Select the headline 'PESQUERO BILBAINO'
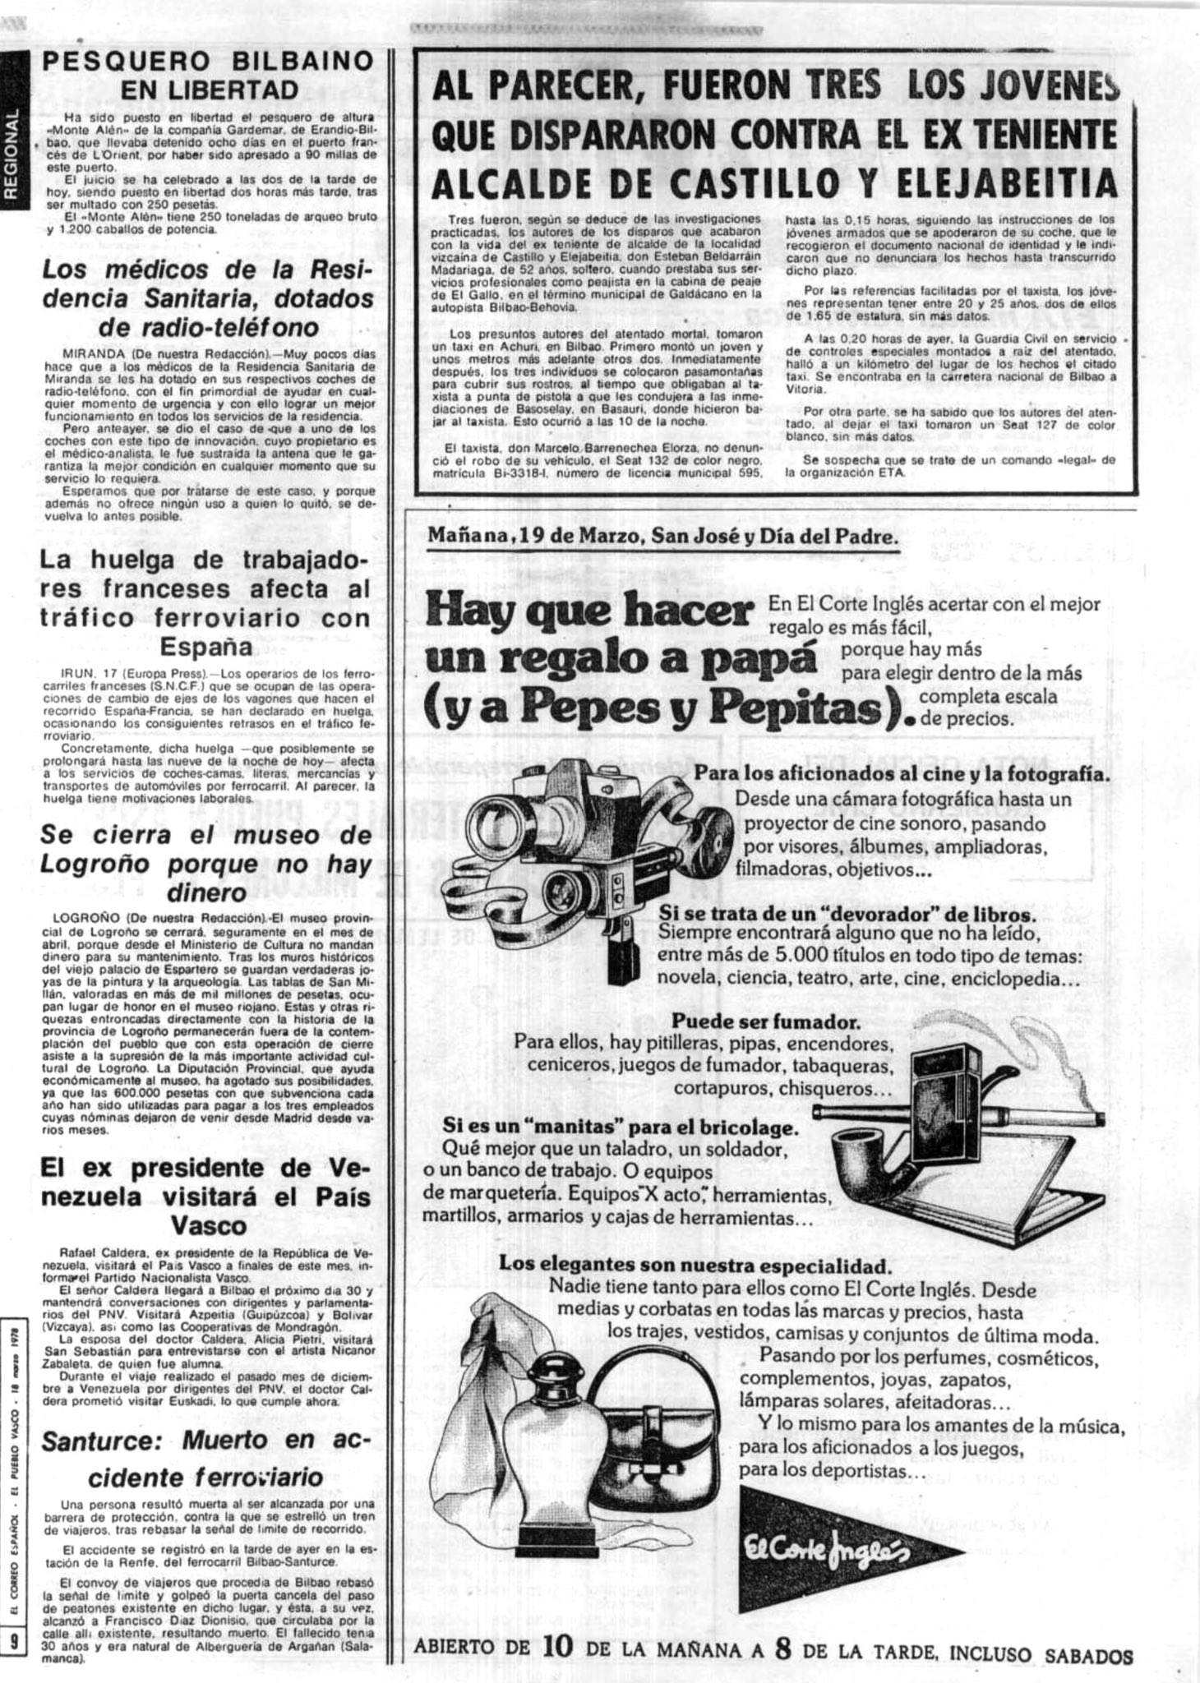206,62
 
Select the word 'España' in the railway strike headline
205,648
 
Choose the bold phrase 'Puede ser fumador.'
766,1023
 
